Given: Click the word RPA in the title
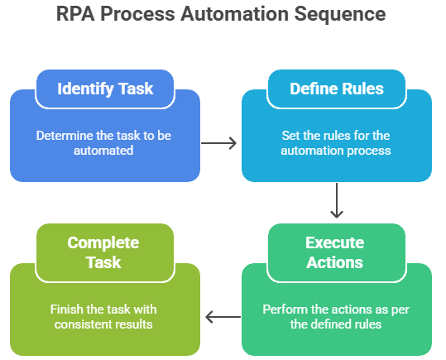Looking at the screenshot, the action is click(x=75, y=14).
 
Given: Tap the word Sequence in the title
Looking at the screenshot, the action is click(x=340, y=15).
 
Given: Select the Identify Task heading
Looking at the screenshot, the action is click(x=105, y=89).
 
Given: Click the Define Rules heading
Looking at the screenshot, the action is click(x=337, y=89).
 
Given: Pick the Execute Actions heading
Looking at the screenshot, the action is click(x=335, y=252).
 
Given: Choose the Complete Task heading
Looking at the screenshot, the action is click(x=103, y=252).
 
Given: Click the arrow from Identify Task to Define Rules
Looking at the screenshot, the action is click(x=218, y=143).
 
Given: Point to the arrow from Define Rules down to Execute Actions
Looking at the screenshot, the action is click(x=337, y=200).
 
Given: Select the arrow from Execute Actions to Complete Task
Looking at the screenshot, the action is click(x=223, y=317).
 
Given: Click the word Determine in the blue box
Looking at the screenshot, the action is click(x=65, y=136).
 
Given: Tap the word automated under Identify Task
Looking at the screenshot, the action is click(x=103, y=151).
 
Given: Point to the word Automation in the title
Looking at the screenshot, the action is click(x=235, y=14).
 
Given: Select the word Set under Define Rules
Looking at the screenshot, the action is click(x=290, y=136).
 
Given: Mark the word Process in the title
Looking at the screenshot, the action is click(x=137, y=14).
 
